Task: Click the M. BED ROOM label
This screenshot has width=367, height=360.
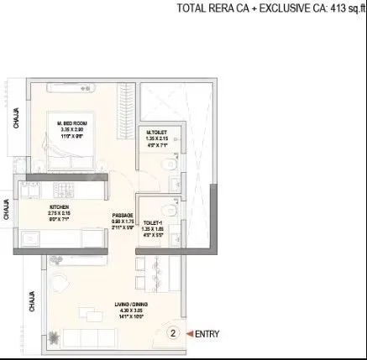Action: click(x=71, y=123)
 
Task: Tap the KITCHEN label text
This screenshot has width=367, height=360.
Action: click(x=58, y=206)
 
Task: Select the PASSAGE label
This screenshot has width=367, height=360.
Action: click(x=123, y=216)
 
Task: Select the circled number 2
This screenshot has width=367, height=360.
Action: click(x=173, y=333)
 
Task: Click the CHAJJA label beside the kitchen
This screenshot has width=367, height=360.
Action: click(x=8, y=208)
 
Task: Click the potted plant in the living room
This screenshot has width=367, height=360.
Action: click(x=55, y=338)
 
